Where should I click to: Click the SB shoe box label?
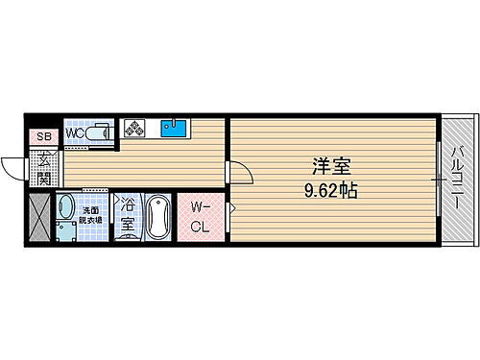point(42,137)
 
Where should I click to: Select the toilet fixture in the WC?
point(98,134)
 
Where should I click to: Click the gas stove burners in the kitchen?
point(132,129)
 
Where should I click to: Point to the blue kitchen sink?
point(173,129)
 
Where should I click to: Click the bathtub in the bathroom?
point(157,218)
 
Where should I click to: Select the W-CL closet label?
point(200,217)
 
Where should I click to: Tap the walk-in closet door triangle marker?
point(230,206)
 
